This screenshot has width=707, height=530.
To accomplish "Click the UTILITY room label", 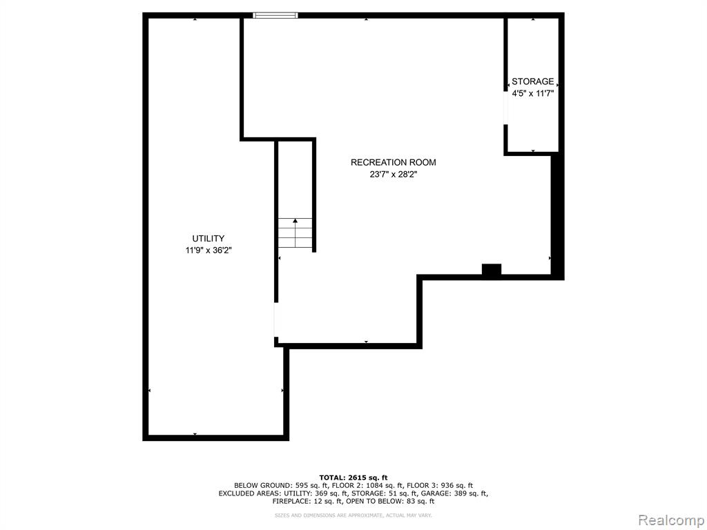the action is [208, 238].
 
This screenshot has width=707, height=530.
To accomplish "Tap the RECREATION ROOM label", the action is [393, 162].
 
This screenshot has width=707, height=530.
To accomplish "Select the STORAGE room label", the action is [532, 81].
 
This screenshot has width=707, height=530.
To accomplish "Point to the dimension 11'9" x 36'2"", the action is [209, 251].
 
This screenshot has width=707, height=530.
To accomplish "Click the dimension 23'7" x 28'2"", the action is [394, 175].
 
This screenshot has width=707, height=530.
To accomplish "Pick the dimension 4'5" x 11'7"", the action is [532, 94].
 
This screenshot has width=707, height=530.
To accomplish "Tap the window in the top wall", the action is [275, 15].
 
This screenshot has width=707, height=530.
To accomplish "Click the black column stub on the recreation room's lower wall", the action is [492, 270].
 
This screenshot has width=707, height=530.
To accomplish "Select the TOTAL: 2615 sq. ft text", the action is [353, 478].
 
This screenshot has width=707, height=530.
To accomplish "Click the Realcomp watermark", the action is [671, 520].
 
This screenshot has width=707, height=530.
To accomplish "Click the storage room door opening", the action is [506, 108].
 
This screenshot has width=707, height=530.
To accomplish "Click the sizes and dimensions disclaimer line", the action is [353, 515].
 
